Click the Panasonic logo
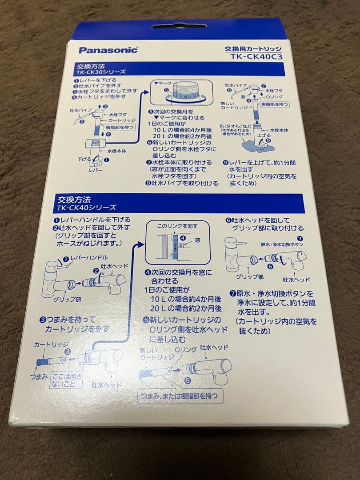[109, 49]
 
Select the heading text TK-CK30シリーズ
[101, 72]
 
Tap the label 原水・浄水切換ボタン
[282, 245]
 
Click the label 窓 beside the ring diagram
[197, 240]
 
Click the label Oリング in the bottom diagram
[185, 350]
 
